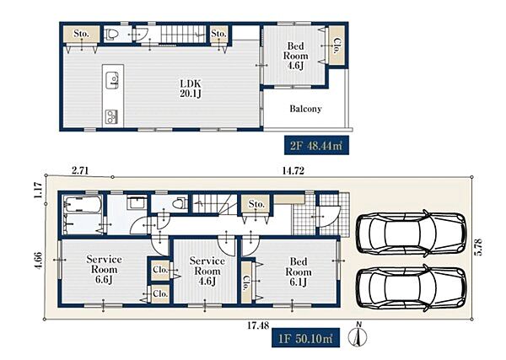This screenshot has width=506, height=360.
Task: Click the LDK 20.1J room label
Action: click(191, 89)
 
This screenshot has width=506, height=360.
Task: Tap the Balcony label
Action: click(305, 109)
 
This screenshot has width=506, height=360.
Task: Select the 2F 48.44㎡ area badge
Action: click(316, 146)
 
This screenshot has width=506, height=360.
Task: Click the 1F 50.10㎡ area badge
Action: click(305, 338)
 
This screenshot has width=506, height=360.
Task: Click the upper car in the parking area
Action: click(412, 234)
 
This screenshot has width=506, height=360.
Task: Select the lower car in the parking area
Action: click(412, 287)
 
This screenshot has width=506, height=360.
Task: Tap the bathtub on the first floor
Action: click(83, 204)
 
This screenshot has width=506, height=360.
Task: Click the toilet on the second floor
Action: click(111, 34)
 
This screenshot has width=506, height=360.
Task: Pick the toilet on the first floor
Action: click(180, 203)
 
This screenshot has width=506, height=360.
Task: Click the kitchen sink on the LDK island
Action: click(112, 80)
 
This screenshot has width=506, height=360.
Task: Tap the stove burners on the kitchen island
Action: click(111, 117)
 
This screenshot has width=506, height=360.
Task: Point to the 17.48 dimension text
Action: click(258, 325)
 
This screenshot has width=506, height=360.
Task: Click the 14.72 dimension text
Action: click(293, 170)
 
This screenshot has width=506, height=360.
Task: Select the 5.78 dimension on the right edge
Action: click(478, 247)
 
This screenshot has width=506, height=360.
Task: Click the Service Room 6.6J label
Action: click(104, 269)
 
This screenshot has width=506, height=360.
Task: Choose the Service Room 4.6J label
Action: click(207, 271)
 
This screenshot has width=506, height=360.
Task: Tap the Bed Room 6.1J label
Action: click(299, 271)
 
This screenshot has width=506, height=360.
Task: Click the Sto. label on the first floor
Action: click(256, 204)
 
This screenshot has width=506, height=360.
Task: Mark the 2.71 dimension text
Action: click(80, 170)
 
